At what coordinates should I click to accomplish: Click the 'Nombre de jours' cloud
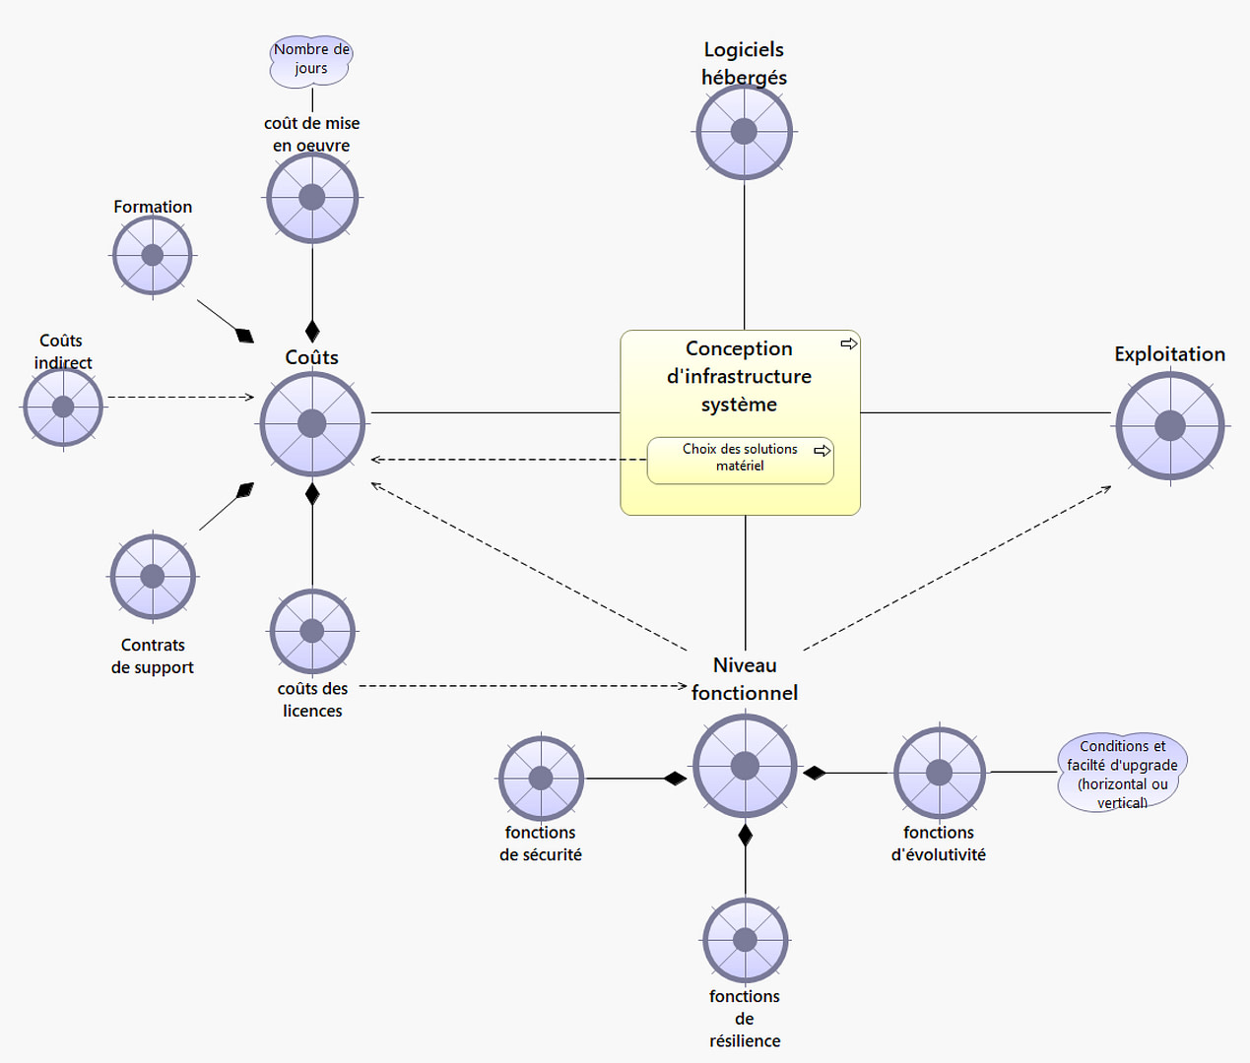coord(311,60)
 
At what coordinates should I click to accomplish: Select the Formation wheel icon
coord(153,255)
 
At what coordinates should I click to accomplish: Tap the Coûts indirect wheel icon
coord(63,406)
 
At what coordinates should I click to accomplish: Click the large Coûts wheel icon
coord(312,424)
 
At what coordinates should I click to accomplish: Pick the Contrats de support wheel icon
coord(153,577)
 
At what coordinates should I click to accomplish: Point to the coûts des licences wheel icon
coord(312,631)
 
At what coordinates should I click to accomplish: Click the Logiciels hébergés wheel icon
coord(744,132)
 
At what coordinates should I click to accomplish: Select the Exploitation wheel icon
coord(1169,426)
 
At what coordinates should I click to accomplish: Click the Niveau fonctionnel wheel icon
coord(745,766)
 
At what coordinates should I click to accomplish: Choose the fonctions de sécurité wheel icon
coord(541,778)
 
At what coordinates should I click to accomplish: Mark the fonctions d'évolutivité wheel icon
coord(939,773)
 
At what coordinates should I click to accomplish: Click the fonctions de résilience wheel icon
coord(745,940)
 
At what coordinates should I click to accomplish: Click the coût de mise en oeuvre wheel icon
coord(312,198)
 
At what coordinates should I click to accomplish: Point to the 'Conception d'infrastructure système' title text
coord(739,376)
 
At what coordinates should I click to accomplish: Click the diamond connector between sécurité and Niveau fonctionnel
coord(675,779)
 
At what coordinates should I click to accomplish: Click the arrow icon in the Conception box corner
coord(848,344)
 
